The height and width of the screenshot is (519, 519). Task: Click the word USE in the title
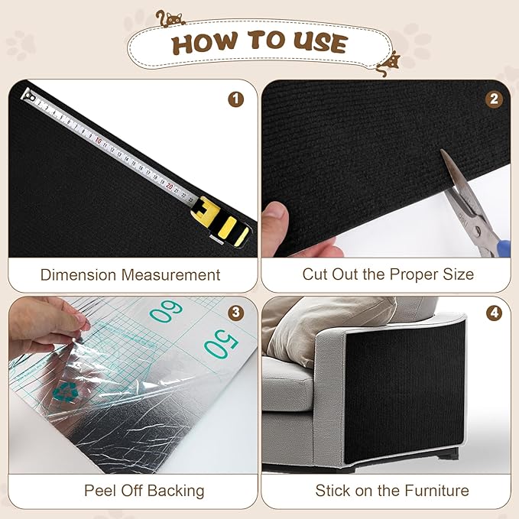click(x=318, y=44)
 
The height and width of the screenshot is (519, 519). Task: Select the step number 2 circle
click(x=495, y=99)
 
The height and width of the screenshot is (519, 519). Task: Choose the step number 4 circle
click(x=495, y=313)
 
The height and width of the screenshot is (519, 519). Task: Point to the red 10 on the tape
click(x=99, y=141)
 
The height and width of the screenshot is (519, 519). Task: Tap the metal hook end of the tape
click(x=29, y=96)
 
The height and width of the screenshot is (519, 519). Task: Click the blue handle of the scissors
click(x=501, y=247)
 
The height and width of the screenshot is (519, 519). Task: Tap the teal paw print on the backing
click(x=65, y=391)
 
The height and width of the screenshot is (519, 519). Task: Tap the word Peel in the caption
click(x=100, y=490)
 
